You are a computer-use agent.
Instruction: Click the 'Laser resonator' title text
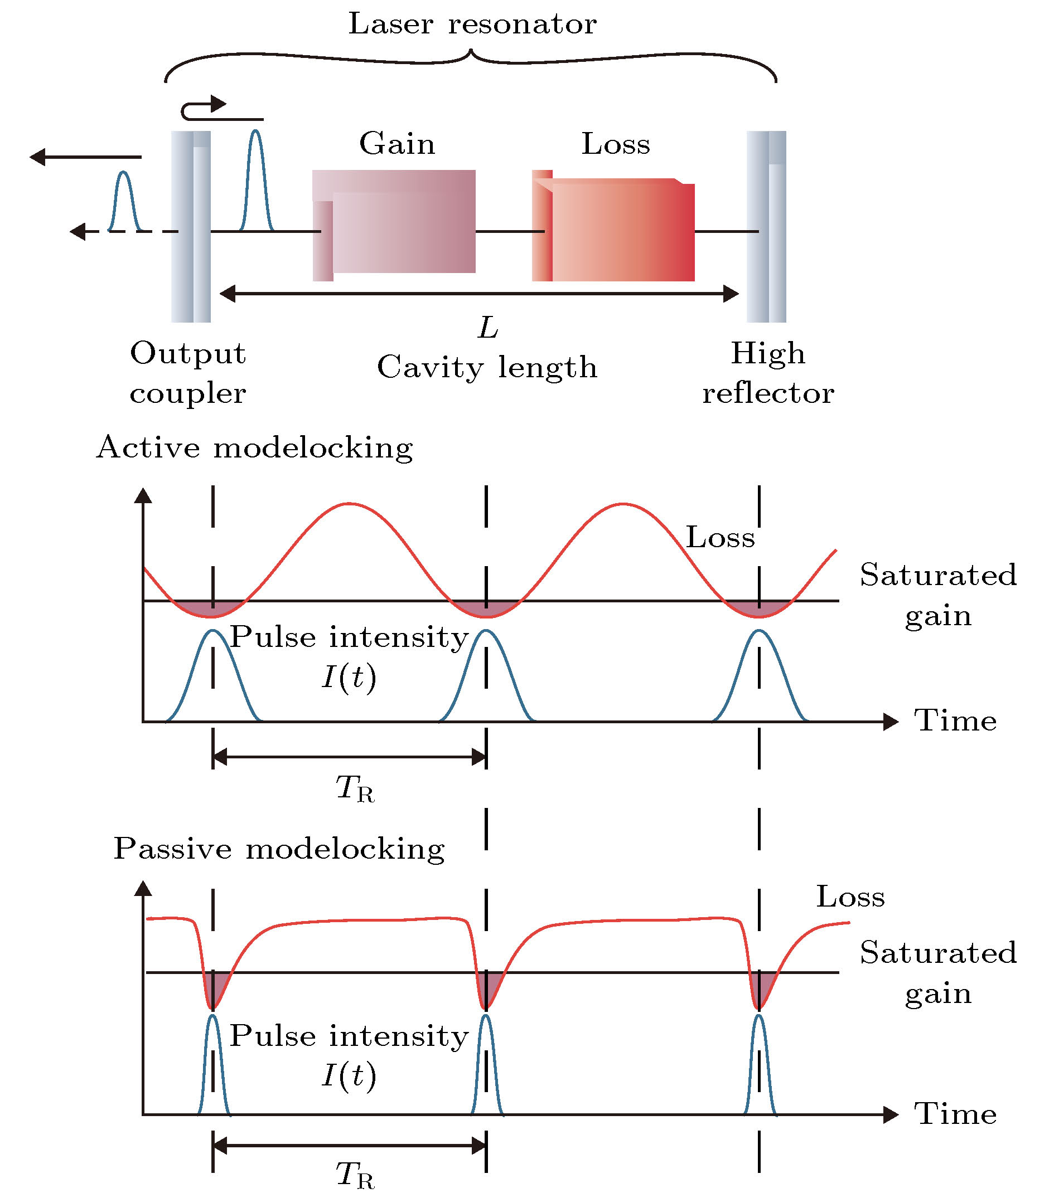point(472,24)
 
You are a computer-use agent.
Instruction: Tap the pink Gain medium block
point(394,225)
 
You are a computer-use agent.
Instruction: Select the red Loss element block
point(613,226)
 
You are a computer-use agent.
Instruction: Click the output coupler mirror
point(191,226)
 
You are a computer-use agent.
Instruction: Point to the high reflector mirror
point(766,226)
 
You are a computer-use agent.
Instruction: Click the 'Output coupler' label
point(188,373)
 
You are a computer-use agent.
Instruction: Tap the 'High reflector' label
point(768,373)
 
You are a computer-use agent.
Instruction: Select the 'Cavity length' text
point(487,368)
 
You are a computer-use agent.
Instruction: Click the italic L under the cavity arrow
point(488,328)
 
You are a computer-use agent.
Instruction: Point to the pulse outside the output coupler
point(124,201)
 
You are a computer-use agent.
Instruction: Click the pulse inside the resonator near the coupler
point(256,180)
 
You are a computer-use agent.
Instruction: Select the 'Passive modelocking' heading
point(279,849)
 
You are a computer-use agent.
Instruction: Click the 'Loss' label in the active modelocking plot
point(721,538)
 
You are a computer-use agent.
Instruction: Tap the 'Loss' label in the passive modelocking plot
point(850,897)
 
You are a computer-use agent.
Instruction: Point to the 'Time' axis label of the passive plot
point(955,1114)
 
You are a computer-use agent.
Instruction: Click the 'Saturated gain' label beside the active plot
point(939,595)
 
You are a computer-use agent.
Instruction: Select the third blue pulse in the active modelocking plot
point(760,675)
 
